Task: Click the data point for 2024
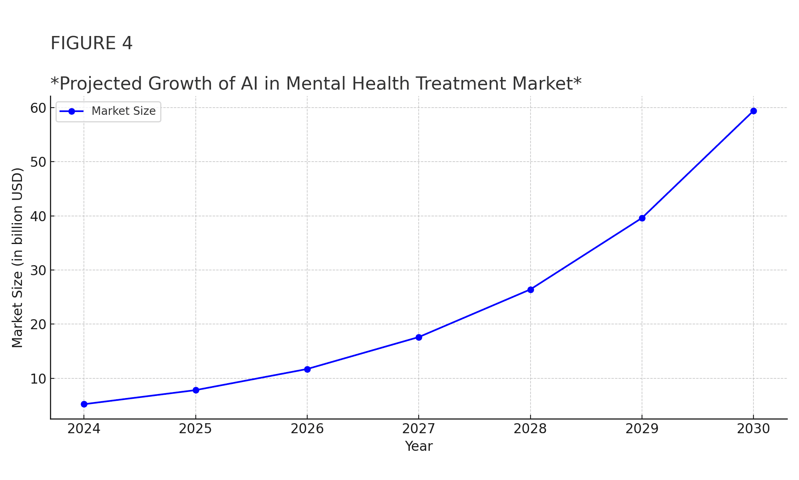84,404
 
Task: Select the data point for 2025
196,390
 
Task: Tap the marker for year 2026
307,369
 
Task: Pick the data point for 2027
419,337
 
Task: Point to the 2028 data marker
531,290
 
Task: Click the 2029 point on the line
642,218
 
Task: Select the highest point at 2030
753,111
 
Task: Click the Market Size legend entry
123,111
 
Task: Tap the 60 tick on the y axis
38,108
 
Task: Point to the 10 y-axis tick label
38,378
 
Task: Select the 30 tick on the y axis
38,270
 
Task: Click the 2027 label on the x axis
419,429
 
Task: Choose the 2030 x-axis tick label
753,429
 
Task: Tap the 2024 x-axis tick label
84,429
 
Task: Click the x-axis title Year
419,446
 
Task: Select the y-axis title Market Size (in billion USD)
18,258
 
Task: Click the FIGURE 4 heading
91,43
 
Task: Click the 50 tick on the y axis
38,162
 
